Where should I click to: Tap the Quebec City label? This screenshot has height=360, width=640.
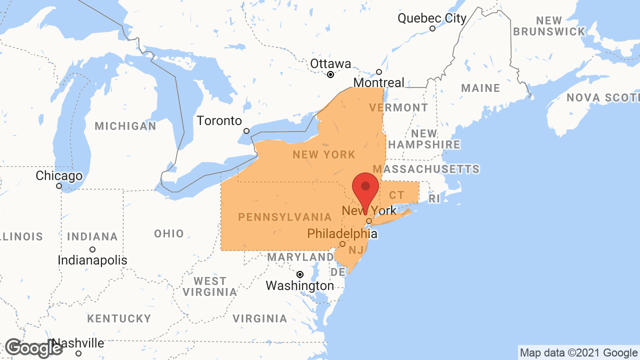[431, 18]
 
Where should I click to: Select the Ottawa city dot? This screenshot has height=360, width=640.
[330, 74]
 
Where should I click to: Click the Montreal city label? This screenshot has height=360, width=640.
[378, 82]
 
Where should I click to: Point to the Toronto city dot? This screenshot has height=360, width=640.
[246, 131]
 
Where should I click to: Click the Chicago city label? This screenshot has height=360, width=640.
[59, 176]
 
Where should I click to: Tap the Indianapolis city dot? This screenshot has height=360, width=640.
[92, 249]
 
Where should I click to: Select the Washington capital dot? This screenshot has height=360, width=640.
[300, 274]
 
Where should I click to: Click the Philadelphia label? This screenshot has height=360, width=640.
[342, 233]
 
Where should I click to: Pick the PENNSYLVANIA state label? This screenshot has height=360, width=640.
[285, 217]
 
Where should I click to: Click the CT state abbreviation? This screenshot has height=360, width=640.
[396, 195]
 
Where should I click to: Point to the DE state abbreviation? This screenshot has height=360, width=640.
[338, 272]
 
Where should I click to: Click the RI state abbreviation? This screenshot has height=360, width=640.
[434, 199]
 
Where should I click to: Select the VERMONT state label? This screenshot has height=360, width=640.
[398, 107]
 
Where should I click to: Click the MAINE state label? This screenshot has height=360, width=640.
[480, 88]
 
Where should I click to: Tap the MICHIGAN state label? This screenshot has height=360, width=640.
[125, 126]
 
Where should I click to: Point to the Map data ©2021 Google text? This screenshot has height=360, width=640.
[578, 353]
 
